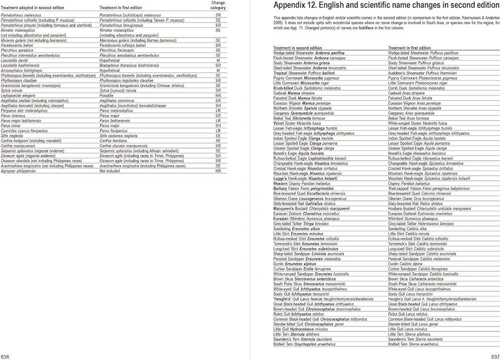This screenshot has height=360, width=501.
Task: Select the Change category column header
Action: (218, 5)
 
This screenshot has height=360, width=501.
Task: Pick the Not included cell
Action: (110, 171)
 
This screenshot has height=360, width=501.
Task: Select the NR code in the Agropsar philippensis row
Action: (218, 171)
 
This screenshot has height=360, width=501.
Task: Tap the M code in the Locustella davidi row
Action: (218, 60)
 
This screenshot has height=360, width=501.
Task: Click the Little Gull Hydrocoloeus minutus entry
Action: (301, 329)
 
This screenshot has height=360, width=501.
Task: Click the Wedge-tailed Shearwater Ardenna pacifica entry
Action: (309, 53)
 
